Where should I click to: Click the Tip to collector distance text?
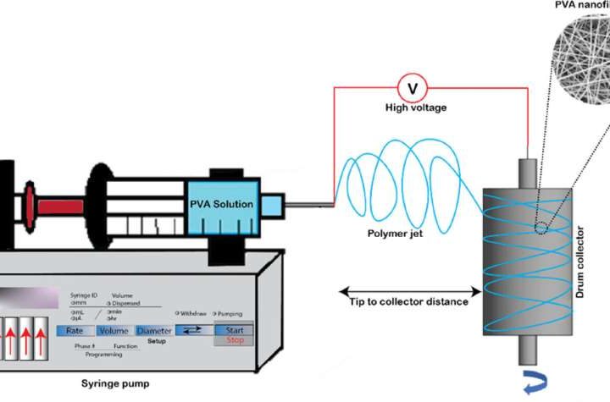pos(408,302)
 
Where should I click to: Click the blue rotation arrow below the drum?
pos(512,384)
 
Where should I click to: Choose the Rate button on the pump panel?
pos(75,331)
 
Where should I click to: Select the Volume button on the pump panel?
pos(114,331)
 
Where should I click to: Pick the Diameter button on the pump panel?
pos(153,331)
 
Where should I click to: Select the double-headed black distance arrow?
pos(408,287)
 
